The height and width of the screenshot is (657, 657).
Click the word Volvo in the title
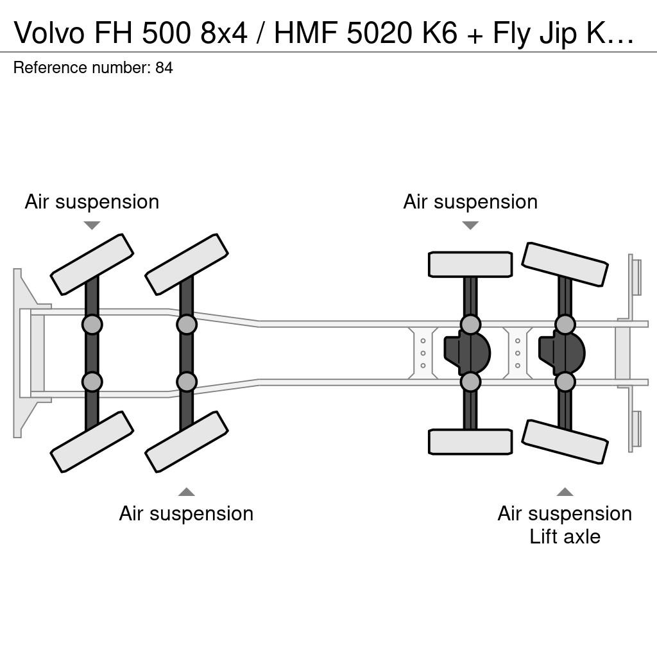(49, 32)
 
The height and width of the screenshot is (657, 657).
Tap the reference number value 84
(164, 68)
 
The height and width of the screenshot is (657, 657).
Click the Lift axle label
(565, 536)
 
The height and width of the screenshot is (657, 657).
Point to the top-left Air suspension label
(92, 201)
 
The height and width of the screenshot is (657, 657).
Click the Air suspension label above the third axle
(470, 201)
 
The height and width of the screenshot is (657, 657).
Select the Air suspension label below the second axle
(186, 513)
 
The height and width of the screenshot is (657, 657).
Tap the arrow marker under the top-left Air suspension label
(92, 225)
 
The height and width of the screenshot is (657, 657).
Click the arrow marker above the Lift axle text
(565, 492)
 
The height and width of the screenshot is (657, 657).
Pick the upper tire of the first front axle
(92, 264)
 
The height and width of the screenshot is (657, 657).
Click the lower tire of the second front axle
(187, 442)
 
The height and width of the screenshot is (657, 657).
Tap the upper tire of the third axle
(470, 264)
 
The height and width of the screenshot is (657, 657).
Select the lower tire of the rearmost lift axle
(565, 441)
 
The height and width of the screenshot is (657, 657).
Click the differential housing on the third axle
(467, 353)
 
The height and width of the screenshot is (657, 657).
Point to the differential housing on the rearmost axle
(562, 353)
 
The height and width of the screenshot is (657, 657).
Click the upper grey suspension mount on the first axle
(92, 324)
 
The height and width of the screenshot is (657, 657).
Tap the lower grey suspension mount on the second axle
(187, 382)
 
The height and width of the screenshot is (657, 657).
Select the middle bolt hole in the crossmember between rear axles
(518, 354)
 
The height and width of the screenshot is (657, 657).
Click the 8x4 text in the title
(224, 32)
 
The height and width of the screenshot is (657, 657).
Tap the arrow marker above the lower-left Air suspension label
(186, 492)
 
